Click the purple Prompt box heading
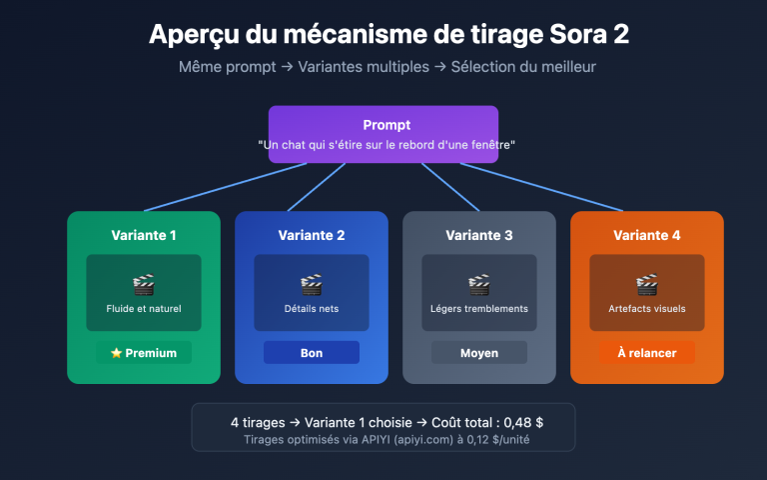[383, 125]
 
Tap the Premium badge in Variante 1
[144, 353]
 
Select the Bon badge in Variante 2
[311, 353]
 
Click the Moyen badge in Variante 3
[479, 353]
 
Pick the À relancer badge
[646, 353]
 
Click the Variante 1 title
[144, 236]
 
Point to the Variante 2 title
[311, 236]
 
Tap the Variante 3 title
[479, 236]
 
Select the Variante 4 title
[646, 236]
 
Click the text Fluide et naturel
[144, 309]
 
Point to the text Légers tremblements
[479, 309]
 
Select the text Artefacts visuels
[646, 309]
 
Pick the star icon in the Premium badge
[116, 353]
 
